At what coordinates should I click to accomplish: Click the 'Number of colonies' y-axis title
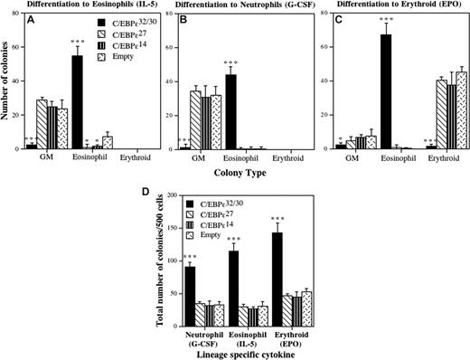coord(8,86)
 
